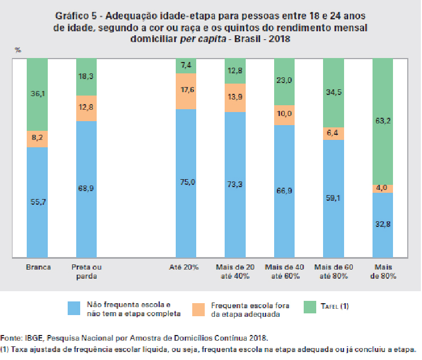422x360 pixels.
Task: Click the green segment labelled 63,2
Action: pyautogui.click(x=383, y=121)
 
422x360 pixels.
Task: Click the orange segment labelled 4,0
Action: pyautogui.click(x=383, y=188)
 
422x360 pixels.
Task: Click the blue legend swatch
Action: pyautogui.click(x=73, y=309)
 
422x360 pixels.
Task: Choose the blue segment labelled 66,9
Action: pyautogui.click(x=284, y=191)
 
